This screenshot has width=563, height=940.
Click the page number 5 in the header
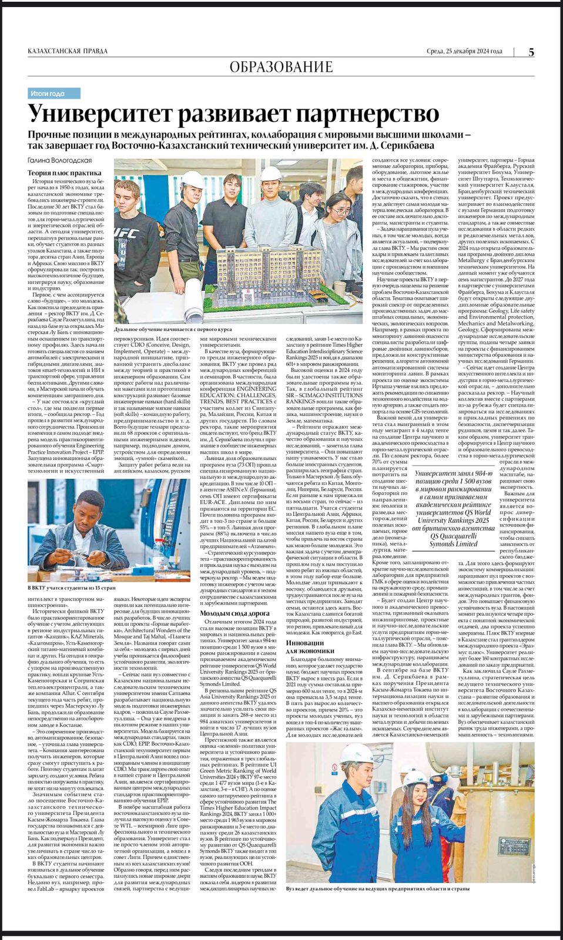(531, 52)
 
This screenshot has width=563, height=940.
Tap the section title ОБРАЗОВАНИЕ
(281, 68)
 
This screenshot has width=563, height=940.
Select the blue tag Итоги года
(54, 93)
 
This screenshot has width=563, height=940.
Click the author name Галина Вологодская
(59, 160)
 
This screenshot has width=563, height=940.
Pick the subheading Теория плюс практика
(65, 173)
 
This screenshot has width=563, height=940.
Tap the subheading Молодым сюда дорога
(234, 613)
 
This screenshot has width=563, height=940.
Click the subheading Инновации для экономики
(309, 646)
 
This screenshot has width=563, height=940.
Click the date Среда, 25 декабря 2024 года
(464, 51)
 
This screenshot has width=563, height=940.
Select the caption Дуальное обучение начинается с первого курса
(173, 330)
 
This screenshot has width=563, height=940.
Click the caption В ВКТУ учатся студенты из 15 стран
(72, 587)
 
